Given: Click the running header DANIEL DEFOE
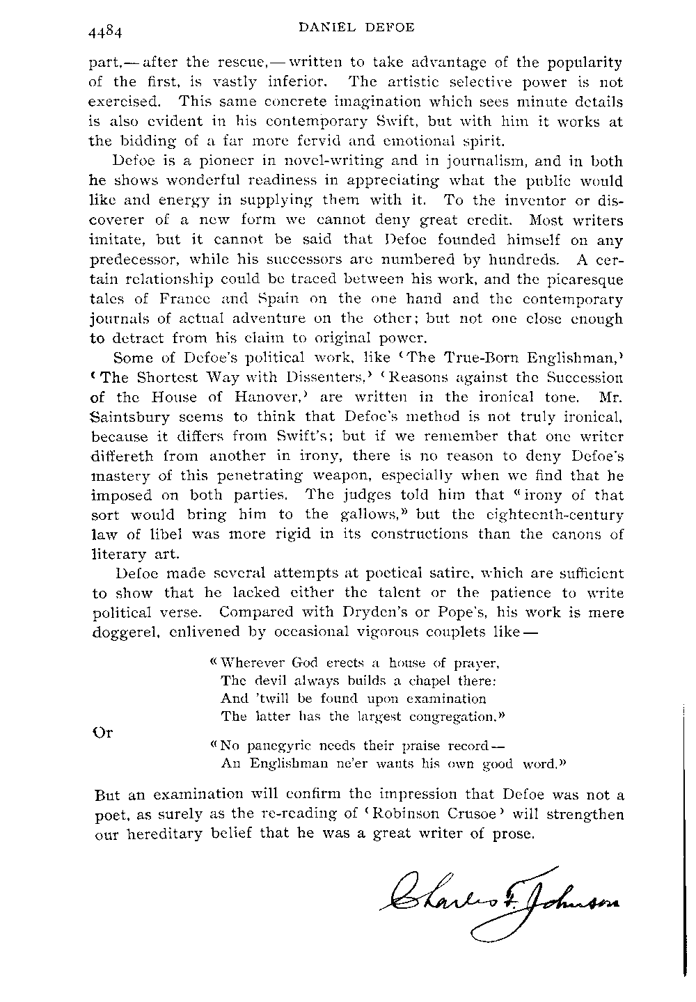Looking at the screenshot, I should click(x=356, y=28).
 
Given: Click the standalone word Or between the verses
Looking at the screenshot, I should click(x=102, y=732).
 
